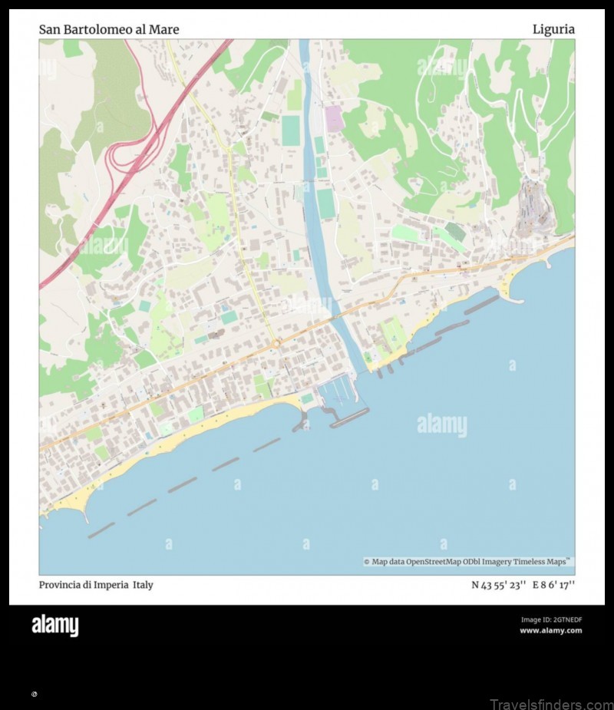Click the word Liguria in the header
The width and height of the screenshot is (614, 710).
[x=553, y=29]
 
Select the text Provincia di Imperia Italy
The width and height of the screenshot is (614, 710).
[x=96, y=585]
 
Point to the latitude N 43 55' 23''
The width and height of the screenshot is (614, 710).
[x=498, y=585]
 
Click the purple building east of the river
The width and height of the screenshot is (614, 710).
[x=333, y=118]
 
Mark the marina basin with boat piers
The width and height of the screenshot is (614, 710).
[x=336, y=392]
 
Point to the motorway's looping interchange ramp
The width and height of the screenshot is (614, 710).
[x=123, y=154]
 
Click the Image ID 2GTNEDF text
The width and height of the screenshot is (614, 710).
[x=551, y=619]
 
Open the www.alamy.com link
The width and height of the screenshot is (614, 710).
[x=550, y=631]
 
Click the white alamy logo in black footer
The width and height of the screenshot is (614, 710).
[x=54, y=626]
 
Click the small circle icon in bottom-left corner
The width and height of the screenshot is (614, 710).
[x=34, y=694]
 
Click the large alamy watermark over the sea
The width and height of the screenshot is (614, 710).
[x=441, y=424]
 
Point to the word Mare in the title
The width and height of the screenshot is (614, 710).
[x=165, y=29]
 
